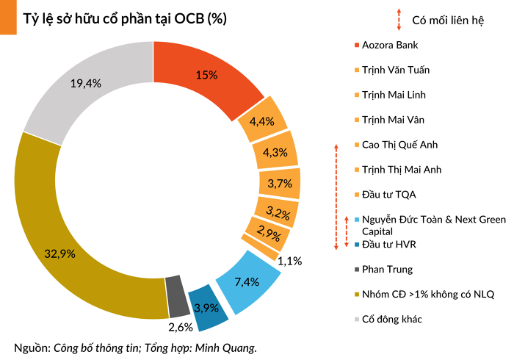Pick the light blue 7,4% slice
pyautogui.click(x=247, y=280)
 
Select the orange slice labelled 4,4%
pyautogui.click(x=262, y=120)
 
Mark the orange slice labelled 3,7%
pyautogui.click(x=280, y=183)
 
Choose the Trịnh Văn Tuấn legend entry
pyautogui.click(x=395, y=70)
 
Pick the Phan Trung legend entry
pyautogui.click(x=387, y=269)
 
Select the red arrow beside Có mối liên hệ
pyautogui.click(x=399, y=19)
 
